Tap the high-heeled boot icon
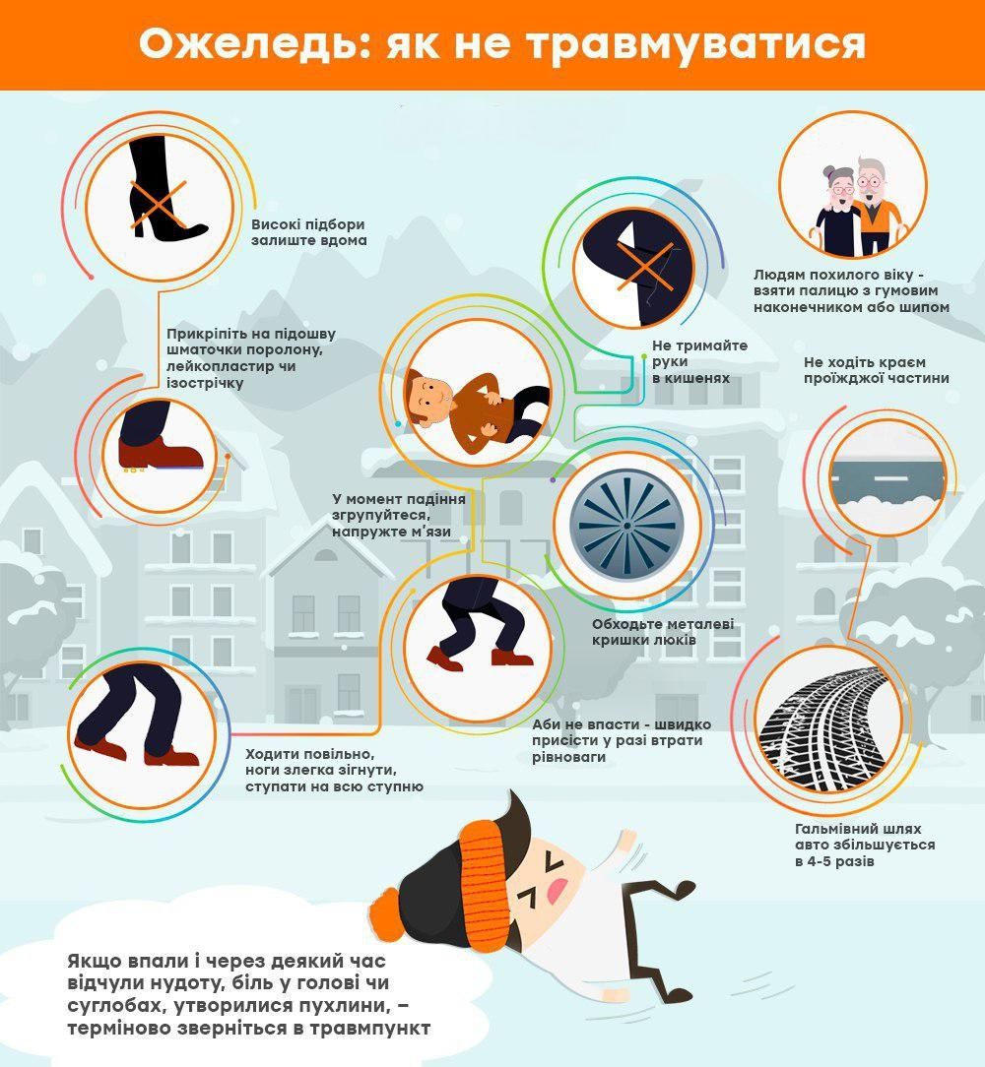point(164,187)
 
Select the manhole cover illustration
point(626,526)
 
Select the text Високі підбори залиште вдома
point(308,232)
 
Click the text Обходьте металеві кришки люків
point(663,632)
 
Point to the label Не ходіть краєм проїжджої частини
point(876,370)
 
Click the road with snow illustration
point(886,481)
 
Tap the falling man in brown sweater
point(478,405)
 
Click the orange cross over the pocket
point(644,266)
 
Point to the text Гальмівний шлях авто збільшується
point(865,837)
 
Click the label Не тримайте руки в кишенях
point(699,361)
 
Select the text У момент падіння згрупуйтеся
point(399,506)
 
